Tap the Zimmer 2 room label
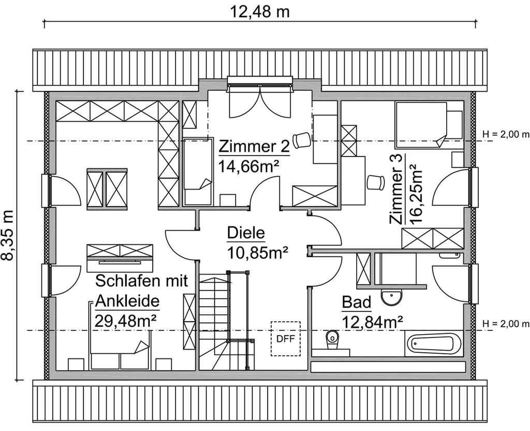254,147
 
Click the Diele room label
246,234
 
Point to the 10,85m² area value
257,252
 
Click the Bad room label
357,302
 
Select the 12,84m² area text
372,322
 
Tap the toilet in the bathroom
331,340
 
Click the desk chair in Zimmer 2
301,140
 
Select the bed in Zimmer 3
420,124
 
